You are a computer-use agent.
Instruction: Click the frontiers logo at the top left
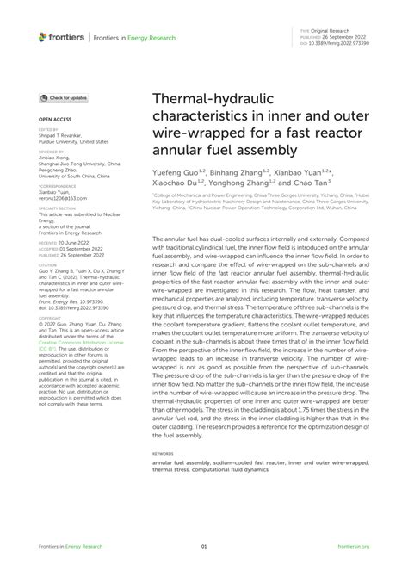pyautogui.click(x=62, y=37)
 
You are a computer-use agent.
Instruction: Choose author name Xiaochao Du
pyautogui.click(x=176, y=183)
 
